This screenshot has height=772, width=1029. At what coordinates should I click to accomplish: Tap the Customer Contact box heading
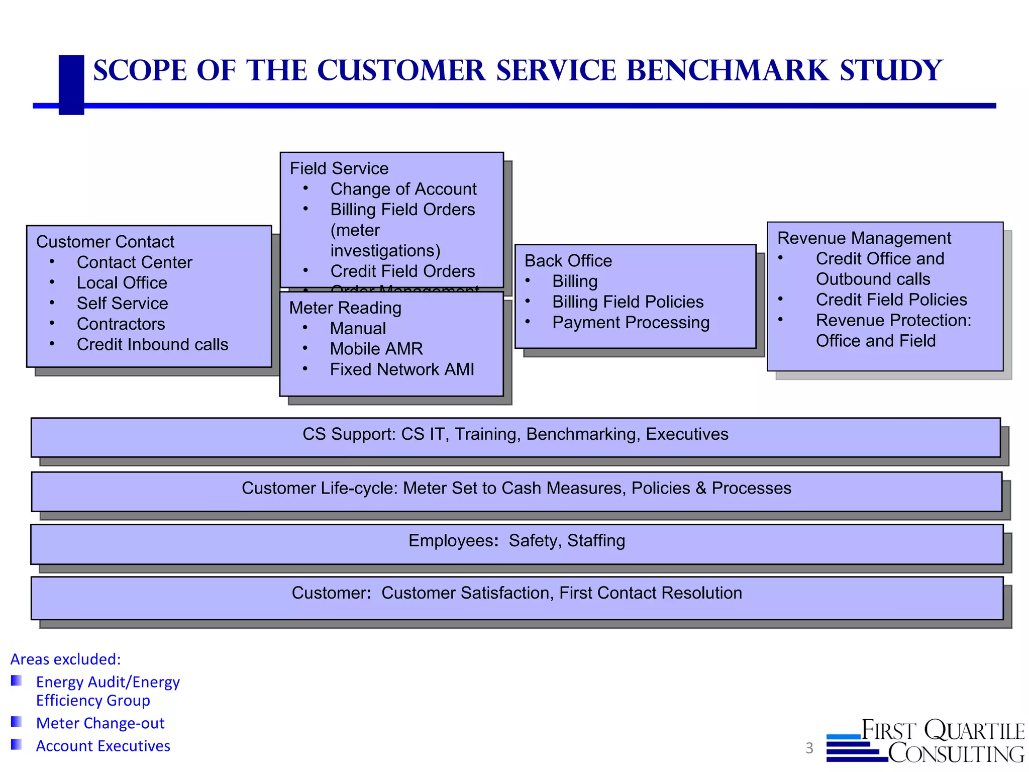click(x=105, y=242)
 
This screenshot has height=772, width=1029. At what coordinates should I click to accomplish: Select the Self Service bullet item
click(x=122, y=304)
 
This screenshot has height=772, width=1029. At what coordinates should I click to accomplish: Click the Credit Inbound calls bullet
click(x=152, y=345)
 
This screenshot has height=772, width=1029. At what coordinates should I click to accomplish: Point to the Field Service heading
click(x=339, y=168)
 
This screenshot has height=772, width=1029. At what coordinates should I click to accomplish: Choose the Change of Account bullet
click(x=403, y=189)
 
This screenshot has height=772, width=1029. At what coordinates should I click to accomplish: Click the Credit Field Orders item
click(x=402, y=271)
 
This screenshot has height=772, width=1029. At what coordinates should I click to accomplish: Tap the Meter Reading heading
click(x=345, y=308)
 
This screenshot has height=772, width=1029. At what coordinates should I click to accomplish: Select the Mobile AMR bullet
click(x=376, y=349)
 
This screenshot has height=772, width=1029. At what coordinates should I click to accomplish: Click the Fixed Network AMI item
click(x=402, y=369)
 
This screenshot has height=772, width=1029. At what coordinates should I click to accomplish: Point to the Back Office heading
click(x=568, y=261)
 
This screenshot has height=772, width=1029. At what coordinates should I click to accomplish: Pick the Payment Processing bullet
click(x=631, y=323)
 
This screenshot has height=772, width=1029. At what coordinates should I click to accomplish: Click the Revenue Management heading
click(x=864, y=238)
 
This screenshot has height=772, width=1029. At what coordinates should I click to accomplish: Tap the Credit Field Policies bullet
click(x=891, y=300)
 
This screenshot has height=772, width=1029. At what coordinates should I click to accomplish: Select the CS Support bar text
click(x=515, y=434)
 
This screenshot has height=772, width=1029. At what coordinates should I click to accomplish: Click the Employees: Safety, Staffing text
click(x=517, y=541)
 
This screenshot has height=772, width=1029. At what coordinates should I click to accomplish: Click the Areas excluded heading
click(x=66, y=659)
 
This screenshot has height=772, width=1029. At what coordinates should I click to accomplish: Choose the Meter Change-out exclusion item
click(x=100, y=723)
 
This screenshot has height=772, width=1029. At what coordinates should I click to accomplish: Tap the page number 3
click(x=809, y=748)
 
